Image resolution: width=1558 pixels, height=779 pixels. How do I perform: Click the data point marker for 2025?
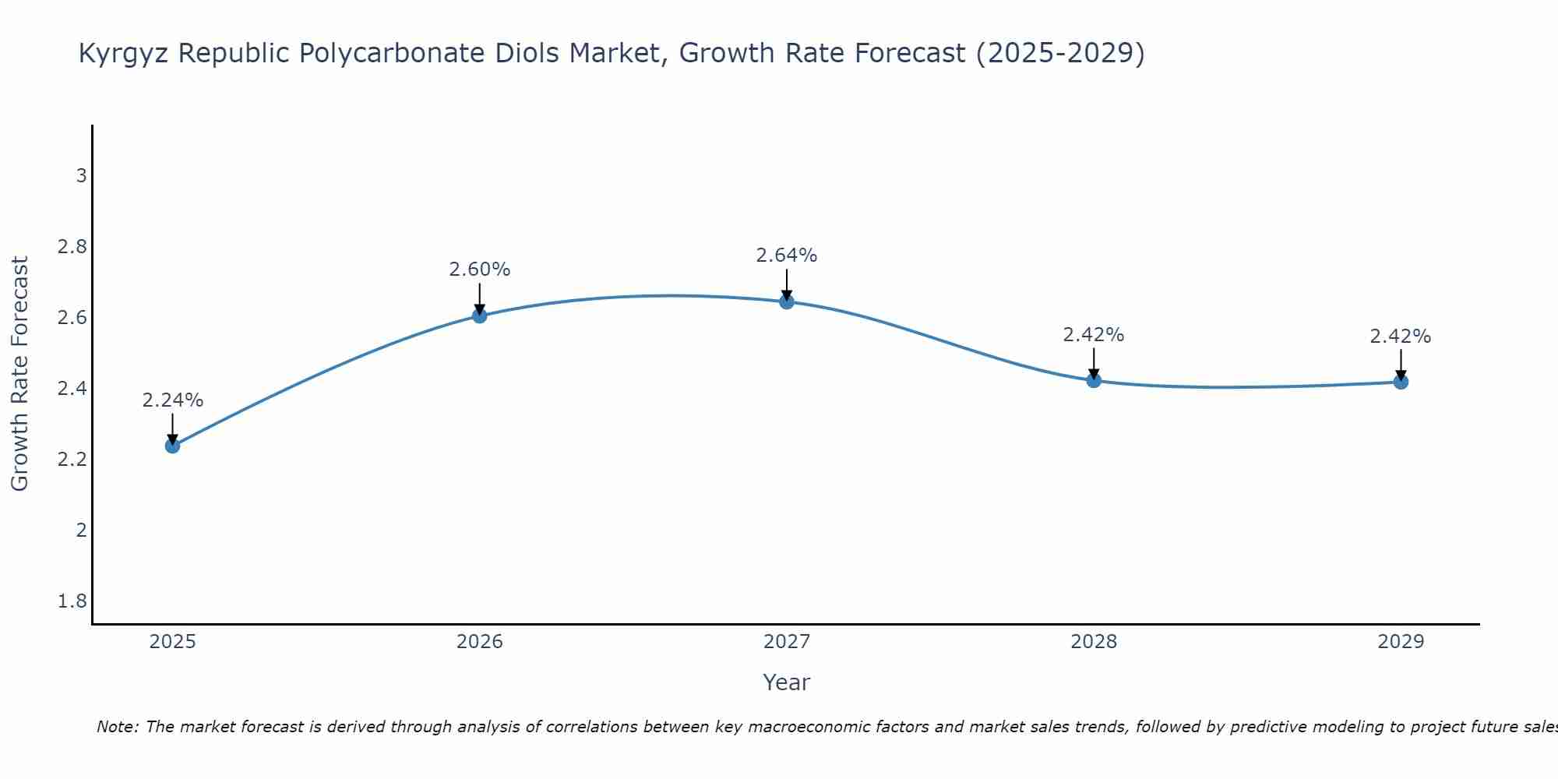click(x=172, y=446)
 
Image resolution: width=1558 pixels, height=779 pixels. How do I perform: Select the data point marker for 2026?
click(x=480, y=315)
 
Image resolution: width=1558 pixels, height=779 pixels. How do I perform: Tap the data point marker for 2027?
click(x=787, y=301)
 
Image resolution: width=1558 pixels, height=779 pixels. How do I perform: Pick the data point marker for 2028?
click(x=1094, y=380)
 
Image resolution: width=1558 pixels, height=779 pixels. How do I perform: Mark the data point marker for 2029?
click(x=1401, y=382)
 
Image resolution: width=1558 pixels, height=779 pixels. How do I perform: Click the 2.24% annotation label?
click(x=172, y=400)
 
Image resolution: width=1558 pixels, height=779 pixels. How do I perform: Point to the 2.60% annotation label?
click(x=480, y=270)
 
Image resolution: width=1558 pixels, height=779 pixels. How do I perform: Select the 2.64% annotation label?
click(x=787, y=256)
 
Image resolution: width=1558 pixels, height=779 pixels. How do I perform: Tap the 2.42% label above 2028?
click(x=1094, y=335)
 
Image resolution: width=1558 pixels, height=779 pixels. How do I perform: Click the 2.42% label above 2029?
click(x=1401, y=337)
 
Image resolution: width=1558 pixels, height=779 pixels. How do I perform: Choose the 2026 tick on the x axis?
click(x=480, y=642)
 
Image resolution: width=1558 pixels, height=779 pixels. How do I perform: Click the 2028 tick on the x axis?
click(x=1094, y=642)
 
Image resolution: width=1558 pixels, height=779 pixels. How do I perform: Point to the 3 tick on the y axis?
click(x=81, y=176)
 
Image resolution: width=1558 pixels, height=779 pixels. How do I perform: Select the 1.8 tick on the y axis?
click(x=72, y=601)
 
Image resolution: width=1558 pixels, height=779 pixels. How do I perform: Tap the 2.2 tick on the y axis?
click(x=72, y=460)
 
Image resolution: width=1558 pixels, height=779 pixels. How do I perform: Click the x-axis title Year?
click(x=787, y=682)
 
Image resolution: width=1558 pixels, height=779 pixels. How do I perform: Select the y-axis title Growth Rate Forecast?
click(x=20, y=373)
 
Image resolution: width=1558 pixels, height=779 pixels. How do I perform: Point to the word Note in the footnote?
click(x=117, y=727)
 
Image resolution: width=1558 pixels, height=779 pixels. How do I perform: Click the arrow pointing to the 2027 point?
click(x=787, y=284)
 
